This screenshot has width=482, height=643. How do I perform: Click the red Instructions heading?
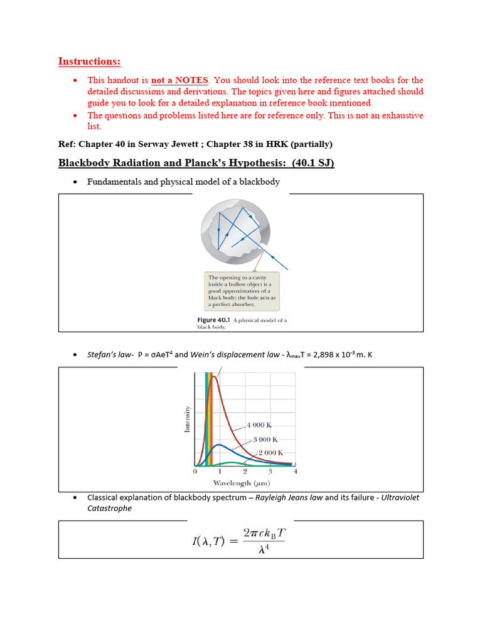click(x=89, y=61)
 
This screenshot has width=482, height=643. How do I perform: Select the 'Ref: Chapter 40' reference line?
click(x=195, y=144)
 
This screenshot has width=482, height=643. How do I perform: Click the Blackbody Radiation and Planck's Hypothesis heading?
click(x=196, y=163)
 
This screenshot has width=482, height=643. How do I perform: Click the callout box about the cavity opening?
click(x=242, y=291)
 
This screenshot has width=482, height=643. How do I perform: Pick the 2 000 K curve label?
click(x=272, y=452)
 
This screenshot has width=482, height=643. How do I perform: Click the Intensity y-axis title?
click(x=187, y=419)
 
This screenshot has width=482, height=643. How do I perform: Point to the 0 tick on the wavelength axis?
click(x=195, y=471)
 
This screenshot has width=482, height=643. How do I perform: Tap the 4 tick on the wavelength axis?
click(x=295, y=471)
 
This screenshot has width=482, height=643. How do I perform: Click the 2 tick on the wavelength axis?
click(x=245, y=471)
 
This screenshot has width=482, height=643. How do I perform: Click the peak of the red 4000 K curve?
click(x=215, y=377)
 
